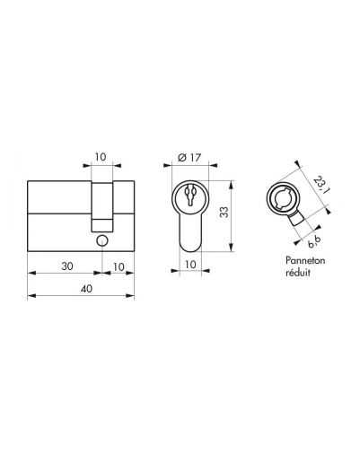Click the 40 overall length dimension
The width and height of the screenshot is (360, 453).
(x=86, y=289)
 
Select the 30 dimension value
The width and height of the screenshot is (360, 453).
(x=67, y=266)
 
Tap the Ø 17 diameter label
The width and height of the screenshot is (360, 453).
(x=189, y=157)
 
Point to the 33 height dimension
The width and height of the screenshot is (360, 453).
(x=224, y=213)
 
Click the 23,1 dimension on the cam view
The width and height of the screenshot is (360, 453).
(x=319, y=185)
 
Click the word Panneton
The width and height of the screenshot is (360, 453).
(x=305, y=260)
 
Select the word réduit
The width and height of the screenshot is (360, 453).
(x=298, y=273)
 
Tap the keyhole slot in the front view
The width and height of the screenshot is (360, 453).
(x=190, y=196)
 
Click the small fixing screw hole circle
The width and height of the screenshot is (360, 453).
(x=102, y=240)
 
